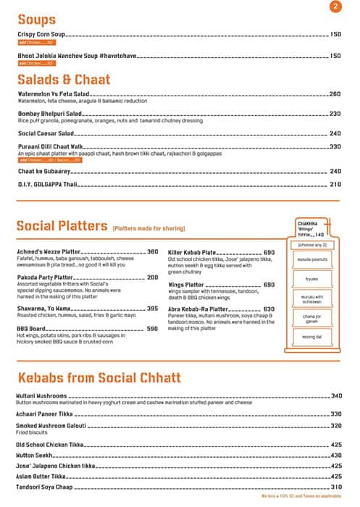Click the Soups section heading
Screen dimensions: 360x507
click(36, 20)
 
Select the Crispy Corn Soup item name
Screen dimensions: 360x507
click(42, 35)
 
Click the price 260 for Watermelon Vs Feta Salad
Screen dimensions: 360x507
click(335, 94)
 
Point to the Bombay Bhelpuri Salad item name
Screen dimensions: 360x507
click(49, 114)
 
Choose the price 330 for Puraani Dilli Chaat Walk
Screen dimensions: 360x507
click(335, 147)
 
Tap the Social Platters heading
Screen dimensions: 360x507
click(62, 226)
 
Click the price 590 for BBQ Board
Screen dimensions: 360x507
click(152, 328)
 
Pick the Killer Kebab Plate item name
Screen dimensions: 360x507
click(192, 251)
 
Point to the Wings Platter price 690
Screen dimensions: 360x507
click(269, 285)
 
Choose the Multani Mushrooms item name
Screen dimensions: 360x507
click(41, 396)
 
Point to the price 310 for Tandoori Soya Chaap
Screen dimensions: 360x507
click(336, 487)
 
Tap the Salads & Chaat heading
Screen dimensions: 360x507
click(63, 79)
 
